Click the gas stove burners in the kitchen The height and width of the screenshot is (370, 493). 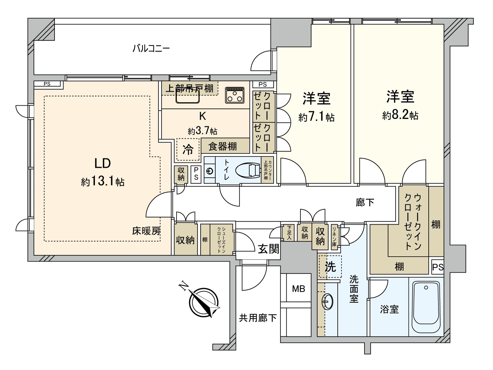235,95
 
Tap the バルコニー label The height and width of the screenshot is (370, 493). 151,49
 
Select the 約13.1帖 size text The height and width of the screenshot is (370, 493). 103,182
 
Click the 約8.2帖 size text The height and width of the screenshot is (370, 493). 400,115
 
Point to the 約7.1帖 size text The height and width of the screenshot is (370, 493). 316,117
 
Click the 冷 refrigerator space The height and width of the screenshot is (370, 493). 188,150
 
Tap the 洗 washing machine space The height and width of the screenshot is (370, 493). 330,266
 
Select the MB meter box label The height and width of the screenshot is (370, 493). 298,289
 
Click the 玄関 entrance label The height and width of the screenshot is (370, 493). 268,249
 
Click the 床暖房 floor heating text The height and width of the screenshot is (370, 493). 146,231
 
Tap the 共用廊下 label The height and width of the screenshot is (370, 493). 258,318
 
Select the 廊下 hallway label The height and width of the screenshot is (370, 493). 365,202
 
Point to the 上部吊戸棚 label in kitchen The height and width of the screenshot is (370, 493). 189,89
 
